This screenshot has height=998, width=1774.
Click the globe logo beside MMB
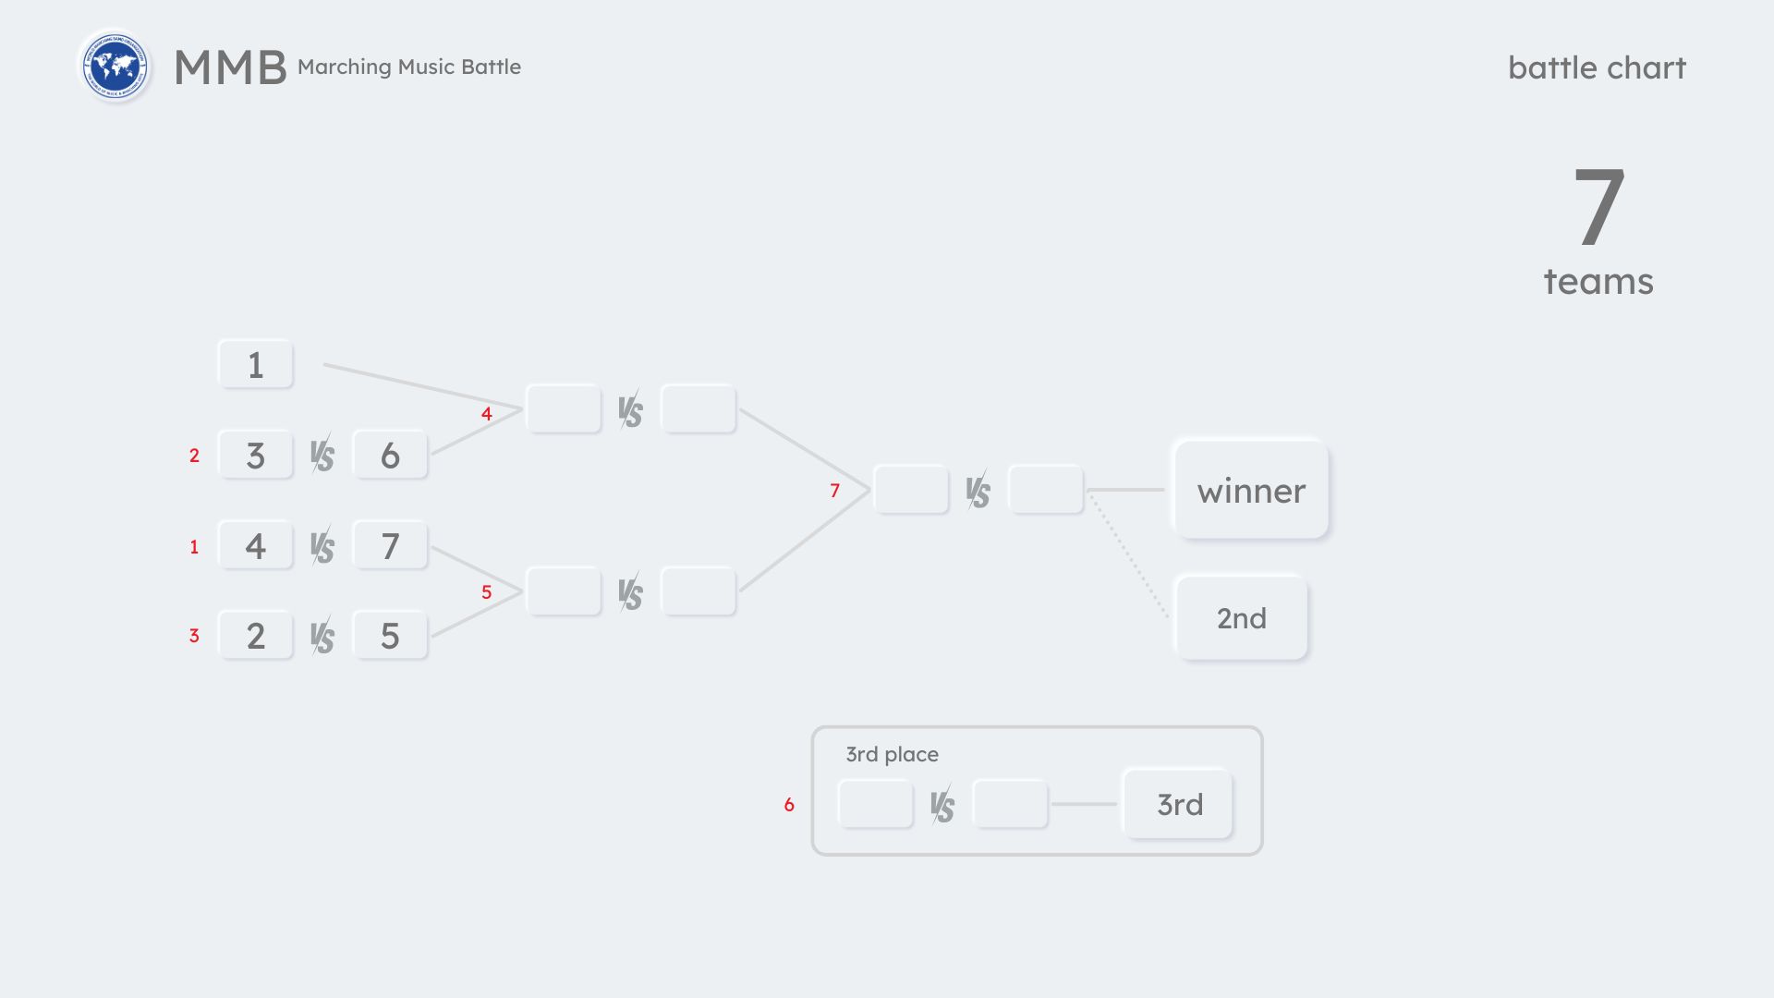pos(115,67)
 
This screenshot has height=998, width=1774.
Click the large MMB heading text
pos(230,67)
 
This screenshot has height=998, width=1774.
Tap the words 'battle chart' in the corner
pos(1596,67)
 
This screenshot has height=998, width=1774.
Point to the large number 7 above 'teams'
pos(1598,207)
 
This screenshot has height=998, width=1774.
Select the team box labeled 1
pos(256,365)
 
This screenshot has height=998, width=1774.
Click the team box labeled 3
pos(256,456)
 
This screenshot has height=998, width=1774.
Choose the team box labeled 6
pos(390,456)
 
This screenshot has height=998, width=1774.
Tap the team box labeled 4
pos(256,546)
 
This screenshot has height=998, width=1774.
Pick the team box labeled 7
pos(390,546)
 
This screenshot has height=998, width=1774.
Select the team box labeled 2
pos(256,636)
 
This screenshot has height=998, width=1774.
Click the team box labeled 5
pos(390,636)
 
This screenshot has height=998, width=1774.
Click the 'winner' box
pos(1251,491)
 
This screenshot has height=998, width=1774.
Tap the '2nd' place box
pos(1241,618)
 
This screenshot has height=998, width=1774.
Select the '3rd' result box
pos(1179,805)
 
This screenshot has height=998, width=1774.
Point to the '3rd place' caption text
pos(892,754)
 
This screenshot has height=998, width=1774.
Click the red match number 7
pos(834,491)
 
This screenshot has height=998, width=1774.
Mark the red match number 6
pos(789,805)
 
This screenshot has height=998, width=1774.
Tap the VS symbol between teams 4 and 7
pos(322,547)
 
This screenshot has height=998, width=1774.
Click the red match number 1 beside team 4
pos(194,547)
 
